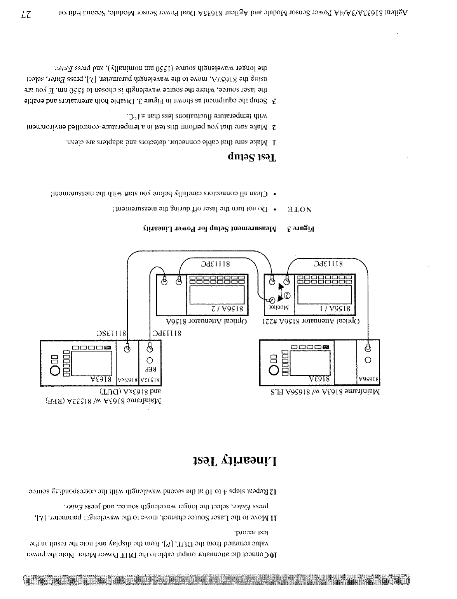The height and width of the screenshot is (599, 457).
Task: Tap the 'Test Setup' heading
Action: pyautogui.click(x=252, y=158)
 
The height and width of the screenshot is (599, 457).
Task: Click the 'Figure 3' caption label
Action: pyautogui.click(x=301, y=229)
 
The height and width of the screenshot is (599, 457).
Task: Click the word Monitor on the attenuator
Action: pyautogui.click(x=279, y=308)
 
